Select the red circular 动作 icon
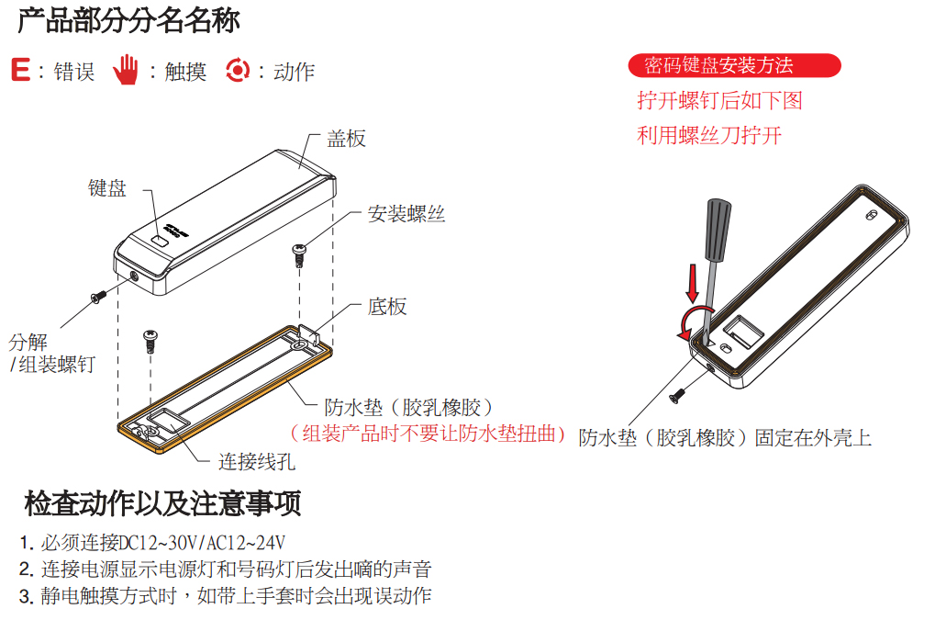tap(238, 70)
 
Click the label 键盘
tap(107, 188)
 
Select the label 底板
tap(386, 306)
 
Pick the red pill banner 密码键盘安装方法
tap(734, 65)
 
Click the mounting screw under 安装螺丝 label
tap(299, 253)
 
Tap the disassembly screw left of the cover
tap(98, 296)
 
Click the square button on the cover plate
tap(160, 241)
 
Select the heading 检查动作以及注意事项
tap(162, 503)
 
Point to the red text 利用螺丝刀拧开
tap(709, 136)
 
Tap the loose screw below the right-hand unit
tap(678, 395)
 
